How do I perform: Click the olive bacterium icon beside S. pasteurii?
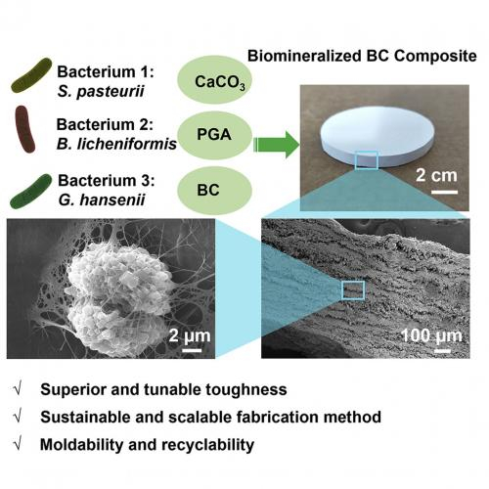(31, 75)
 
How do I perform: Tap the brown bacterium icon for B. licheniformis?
(24, 129)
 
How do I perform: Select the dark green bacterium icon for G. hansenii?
(31, 192)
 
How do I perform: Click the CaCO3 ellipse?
(215, 80)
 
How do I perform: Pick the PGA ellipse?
(215, 135)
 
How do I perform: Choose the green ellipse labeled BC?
(215, 191)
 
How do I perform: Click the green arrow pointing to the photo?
(277, 145)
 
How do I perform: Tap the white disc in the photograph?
(378, 137)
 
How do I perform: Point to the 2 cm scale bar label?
(436, 175)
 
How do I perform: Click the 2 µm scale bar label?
(190, 335)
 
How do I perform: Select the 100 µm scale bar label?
(431, 335)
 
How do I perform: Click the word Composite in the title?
(435, 57)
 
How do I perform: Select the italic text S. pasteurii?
(101, 92)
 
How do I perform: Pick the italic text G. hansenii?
(102, 200)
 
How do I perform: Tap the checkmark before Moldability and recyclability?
(19, 444)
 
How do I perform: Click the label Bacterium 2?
(105, 124)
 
